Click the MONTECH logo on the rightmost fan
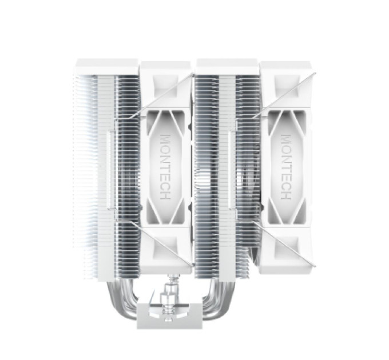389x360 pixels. pos(286,167)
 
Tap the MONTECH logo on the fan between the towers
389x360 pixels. pos(165,167)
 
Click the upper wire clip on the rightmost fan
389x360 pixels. pos(284,95)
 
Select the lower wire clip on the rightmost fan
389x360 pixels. pos(284,243)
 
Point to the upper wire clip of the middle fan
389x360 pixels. pos(162,95)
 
